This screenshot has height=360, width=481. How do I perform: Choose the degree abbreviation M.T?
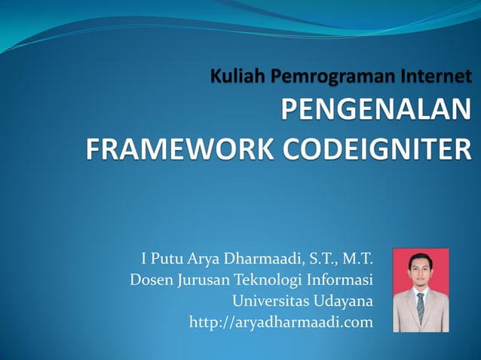tap(357, 261)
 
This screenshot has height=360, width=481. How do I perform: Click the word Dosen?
tap(152, 282)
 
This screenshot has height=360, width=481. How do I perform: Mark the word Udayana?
tap(344, 302)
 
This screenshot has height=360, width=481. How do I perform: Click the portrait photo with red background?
tap(421, 290)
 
